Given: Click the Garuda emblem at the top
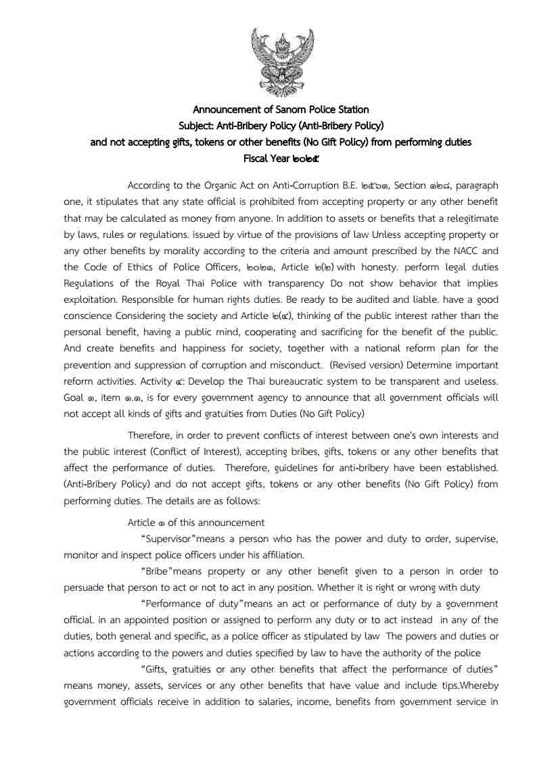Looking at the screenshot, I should click(x=282, y=62).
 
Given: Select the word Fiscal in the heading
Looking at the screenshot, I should click(x=256, y=159).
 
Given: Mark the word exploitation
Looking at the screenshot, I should click(x=94, y=299).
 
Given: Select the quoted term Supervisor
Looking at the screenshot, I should click(x=170, y=539).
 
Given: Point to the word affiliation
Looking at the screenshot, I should click(x=278, y=555).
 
